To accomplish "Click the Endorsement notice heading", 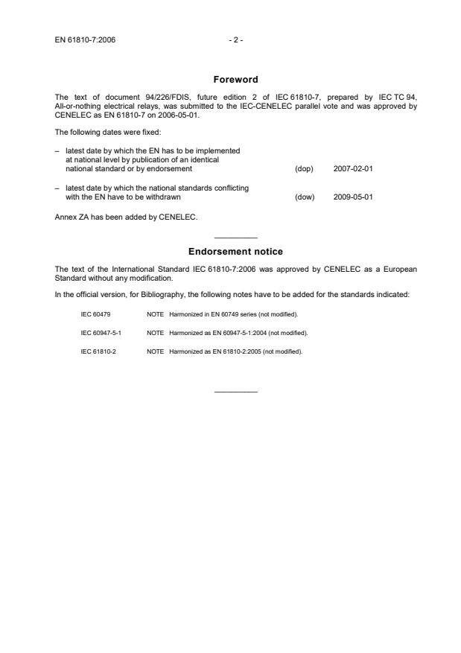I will tap(235, 252).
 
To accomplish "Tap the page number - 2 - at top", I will tap(235, 39).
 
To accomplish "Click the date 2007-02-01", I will tap(353, 169).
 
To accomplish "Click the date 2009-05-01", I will tap(353, 197).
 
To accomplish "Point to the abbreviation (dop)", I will tap(305, 169).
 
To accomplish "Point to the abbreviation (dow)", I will tap(305, 197).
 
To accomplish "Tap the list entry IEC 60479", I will tap(95, 315).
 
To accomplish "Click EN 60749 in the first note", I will tap(220, 315).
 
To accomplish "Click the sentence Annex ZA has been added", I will tap(126, 218).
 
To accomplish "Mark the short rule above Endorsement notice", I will tap(235, 238).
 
